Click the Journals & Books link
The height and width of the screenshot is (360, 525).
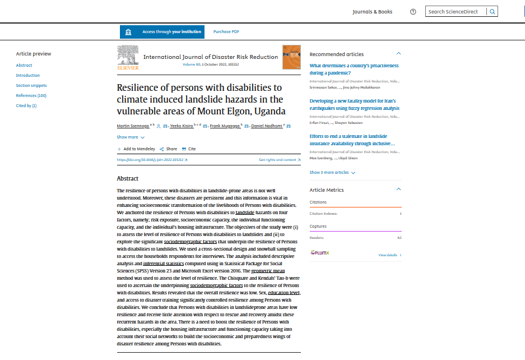pos(372,12)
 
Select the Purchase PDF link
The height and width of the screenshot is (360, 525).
pos(226,32)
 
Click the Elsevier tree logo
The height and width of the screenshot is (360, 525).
pos(128,57)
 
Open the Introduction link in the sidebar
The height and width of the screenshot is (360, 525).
pos(28,75)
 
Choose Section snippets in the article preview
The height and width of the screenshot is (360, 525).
pos(31,86)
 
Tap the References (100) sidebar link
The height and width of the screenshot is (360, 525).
pos(31,96)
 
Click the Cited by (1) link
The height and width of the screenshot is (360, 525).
pos(26,105)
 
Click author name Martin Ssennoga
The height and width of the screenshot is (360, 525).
pos(133,126)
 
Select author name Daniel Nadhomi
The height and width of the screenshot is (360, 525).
pos(266,126)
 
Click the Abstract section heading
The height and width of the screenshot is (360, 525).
pos(127,178)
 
